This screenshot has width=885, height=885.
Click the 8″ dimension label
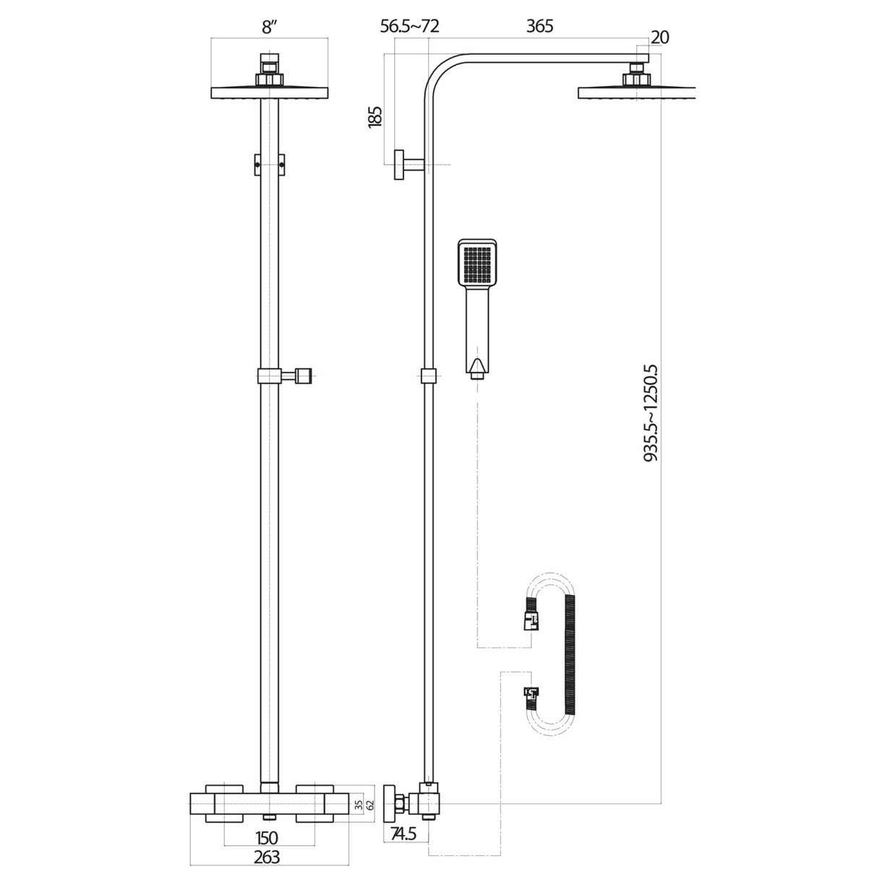(269, 27)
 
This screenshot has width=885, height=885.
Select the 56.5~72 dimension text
(410, 26)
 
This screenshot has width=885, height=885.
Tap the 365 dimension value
(539, 26)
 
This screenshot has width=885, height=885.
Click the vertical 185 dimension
(375, 116)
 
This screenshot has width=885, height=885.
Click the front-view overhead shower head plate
(269, 93)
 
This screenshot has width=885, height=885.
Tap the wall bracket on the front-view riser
(269, 164)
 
